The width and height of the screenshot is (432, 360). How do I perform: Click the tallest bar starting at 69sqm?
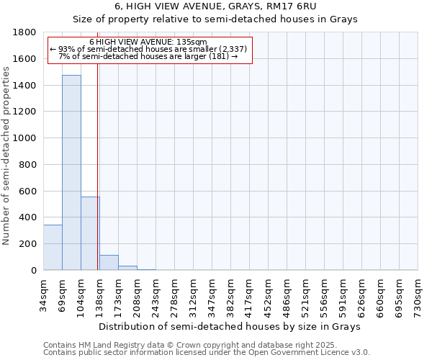pos(71,173)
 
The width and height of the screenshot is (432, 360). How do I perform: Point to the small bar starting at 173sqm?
pos(127,268)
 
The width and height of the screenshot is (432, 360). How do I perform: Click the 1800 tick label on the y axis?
pos(25,32)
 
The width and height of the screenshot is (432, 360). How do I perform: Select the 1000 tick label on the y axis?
pos(25,138)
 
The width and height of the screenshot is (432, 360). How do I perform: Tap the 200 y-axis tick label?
pos(28,244)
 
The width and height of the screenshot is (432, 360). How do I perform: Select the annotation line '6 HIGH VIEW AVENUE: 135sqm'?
pos(148,42)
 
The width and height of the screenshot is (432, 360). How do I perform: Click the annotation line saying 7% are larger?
pos(148,56)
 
